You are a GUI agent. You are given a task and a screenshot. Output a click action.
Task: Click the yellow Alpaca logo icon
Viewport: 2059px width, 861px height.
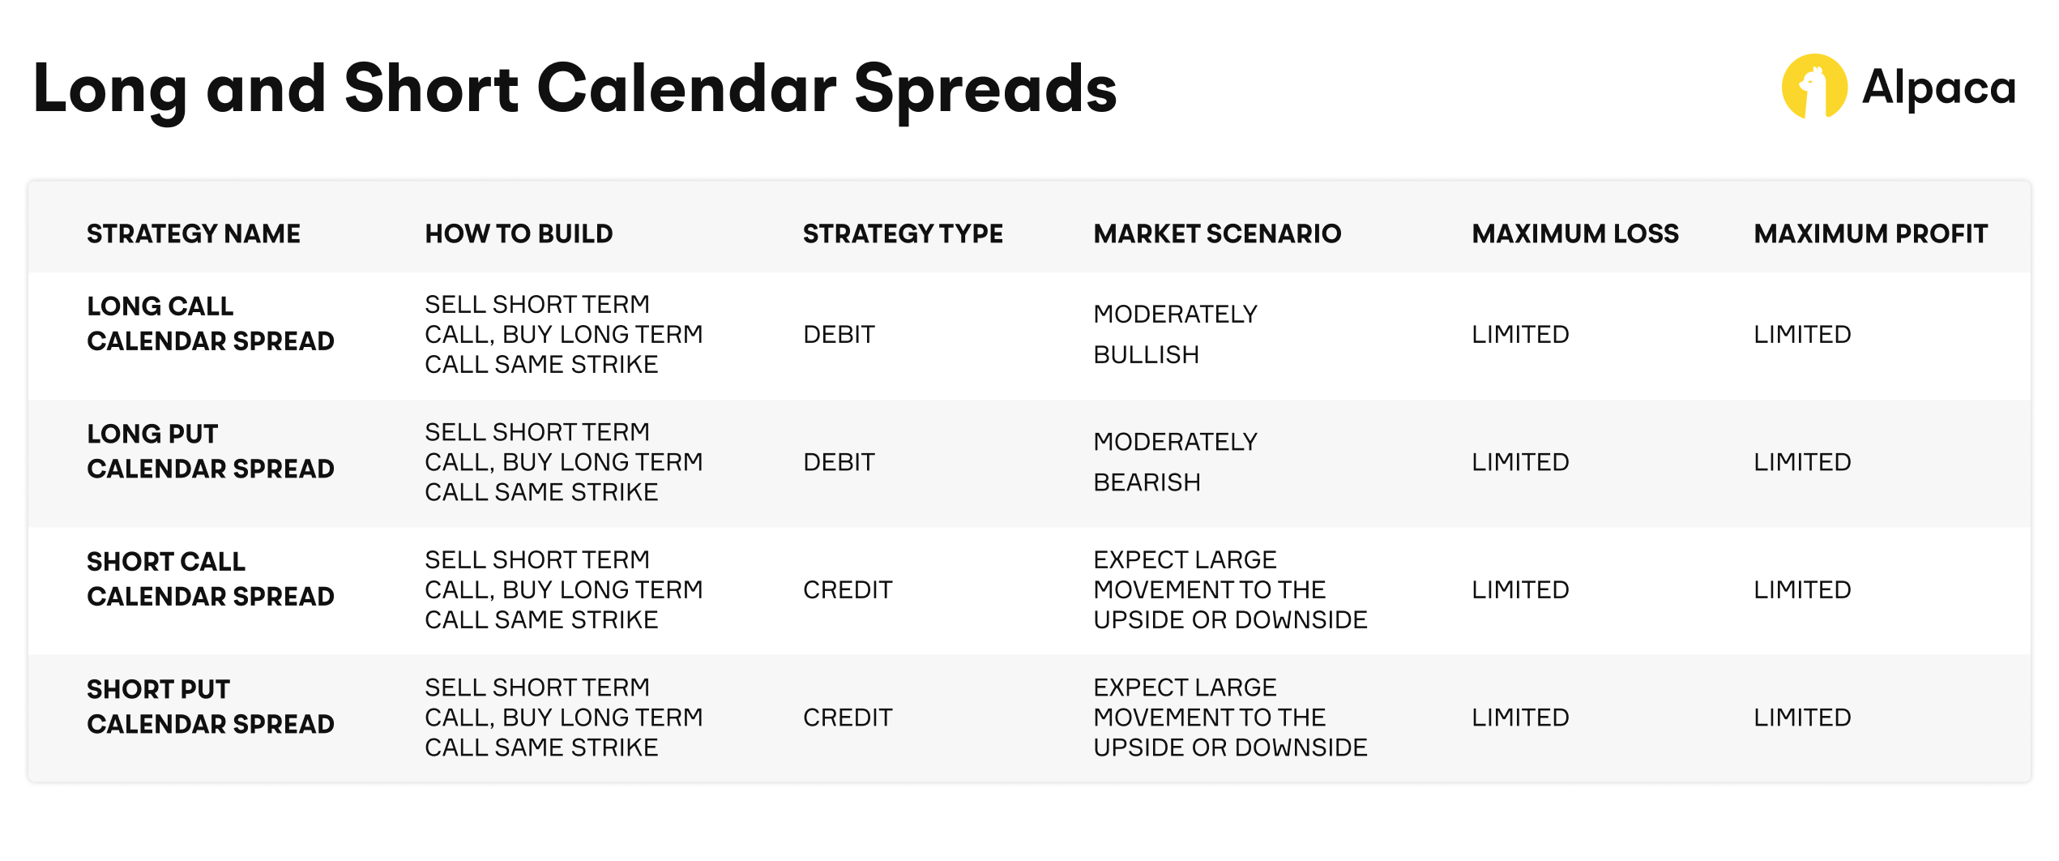click(x=1813, y=87)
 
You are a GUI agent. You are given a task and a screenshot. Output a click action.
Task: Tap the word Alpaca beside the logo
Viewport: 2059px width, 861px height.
click(x=1938, y=88)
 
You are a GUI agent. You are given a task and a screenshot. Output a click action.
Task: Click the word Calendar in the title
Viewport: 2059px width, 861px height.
click(x=686, y=88)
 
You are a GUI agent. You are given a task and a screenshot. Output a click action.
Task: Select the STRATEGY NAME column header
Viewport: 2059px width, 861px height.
click(x=194, y=233)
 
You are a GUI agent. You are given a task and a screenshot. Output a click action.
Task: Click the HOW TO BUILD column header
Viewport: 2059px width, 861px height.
click(x=519, y=233)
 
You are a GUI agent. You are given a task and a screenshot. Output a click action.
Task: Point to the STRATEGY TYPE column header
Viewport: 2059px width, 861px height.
click(x=903, y=233)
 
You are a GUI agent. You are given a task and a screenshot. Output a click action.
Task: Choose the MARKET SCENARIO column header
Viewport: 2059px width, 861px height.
click(x=1217, y=233)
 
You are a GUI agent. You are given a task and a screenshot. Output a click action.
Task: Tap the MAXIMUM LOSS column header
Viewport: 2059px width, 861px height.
click(x=1574, y=233)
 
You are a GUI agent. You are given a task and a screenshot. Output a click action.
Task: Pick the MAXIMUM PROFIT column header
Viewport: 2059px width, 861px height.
click(x=1870, y=233)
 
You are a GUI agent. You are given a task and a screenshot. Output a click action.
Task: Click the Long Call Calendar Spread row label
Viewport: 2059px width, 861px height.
click(x=210, y=323)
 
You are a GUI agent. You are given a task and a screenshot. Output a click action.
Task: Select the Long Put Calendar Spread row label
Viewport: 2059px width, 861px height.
click(x=210, y=451)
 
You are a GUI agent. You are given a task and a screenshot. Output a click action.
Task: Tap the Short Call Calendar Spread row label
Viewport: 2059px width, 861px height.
click(x=210, y=579)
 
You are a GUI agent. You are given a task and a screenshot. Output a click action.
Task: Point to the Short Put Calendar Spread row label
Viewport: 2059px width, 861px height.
click(x=210, y=706)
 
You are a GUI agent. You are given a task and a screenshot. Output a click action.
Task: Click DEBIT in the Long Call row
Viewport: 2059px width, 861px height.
click(x=839, y=334)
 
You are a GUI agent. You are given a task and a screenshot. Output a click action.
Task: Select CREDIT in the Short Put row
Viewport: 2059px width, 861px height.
click(x=848, y=717)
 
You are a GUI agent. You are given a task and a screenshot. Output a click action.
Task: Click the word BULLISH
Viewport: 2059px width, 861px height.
click(x=1146, y=355)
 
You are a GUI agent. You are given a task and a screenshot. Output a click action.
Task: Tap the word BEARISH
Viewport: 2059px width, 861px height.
click(x=1147, y=482)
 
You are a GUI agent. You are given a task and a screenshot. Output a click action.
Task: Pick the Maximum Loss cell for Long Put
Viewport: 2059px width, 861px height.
click(x=1520, y=462)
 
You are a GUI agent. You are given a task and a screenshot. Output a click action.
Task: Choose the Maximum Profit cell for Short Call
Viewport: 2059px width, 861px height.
click(x=1802, y=589)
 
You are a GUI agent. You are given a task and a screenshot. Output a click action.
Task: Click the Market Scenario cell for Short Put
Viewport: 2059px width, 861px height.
click(x=1229, y=717)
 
